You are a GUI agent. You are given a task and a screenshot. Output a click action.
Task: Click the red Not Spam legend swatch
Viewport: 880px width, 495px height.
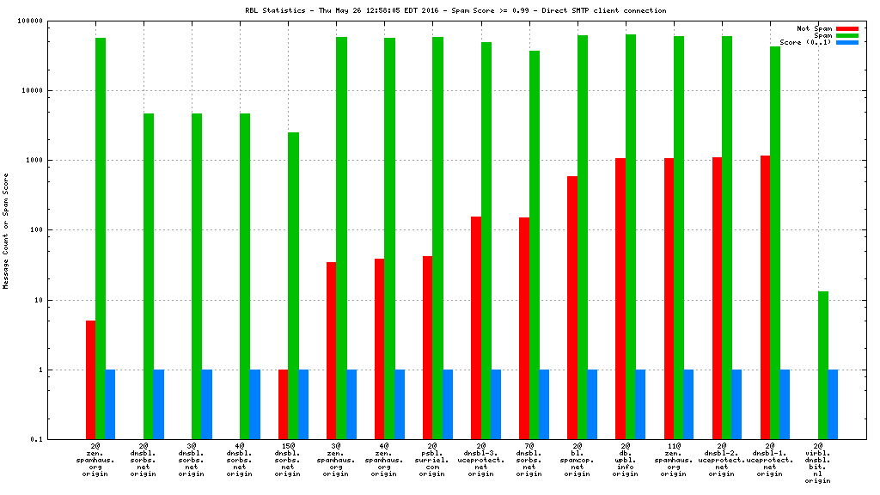click(x=847, y=28)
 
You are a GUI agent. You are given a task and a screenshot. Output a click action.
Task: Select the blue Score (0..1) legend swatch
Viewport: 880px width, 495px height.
click(x=847, y=42)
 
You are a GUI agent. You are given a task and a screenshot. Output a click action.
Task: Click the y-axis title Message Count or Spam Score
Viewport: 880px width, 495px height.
click(x=6, y=230)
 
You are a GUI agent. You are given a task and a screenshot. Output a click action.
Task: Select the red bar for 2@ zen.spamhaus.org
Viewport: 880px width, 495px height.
click(x=90, y=380)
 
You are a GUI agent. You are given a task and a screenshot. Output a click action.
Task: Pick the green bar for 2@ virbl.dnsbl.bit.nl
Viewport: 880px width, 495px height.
click(x=822, y=365)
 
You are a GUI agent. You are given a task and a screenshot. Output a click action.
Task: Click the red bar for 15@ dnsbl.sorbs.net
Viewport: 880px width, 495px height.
click(x=283, y=405)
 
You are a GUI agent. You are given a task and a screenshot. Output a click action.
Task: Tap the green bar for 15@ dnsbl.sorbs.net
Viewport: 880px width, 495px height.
click(x=293, y=285)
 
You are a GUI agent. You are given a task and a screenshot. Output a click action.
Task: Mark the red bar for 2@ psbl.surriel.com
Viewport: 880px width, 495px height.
click(x=427, y=347)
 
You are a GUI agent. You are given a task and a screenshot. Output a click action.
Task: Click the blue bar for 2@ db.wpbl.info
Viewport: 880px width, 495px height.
click(x=640, y=405)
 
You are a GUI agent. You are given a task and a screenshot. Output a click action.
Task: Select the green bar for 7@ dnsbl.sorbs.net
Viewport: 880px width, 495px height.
click(x=534, y=245)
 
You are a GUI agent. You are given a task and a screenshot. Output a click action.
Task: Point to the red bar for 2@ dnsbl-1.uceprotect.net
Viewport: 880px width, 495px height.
click(x=764, y=297)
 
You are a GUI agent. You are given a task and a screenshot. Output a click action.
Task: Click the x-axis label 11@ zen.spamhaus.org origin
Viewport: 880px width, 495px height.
click(x=674, y=460)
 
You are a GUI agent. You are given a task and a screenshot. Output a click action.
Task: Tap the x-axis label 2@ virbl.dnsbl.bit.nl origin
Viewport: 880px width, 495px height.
click(x=818, y=463)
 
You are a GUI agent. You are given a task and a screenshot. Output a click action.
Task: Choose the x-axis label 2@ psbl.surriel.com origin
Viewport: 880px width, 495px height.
click(x=433, y=460)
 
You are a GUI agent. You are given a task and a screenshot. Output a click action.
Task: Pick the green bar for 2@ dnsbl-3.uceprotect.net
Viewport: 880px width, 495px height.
click(x=486, y=241)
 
